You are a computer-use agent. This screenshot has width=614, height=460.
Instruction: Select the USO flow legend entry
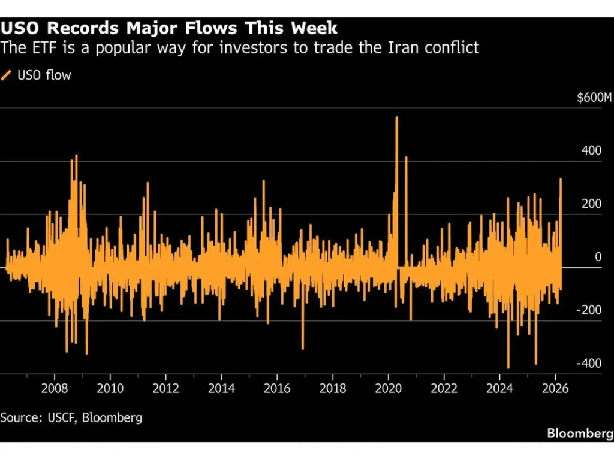37,75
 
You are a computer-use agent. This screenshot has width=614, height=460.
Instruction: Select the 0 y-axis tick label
598,257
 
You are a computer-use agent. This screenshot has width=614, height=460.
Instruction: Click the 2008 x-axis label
55,388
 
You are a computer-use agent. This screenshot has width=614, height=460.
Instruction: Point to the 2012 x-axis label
165,388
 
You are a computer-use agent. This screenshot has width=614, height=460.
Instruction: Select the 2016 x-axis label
276,388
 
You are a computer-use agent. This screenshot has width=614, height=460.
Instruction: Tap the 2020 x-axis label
388,388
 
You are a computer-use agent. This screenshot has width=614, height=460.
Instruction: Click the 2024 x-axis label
499,388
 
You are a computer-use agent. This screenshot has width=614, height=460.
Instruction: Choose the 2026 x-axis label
555,388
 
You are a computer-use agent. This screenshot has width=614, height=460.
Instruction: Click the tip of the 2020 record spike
396,117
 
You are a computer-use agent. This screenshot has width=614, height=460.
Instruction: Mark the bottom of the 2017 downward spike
303,349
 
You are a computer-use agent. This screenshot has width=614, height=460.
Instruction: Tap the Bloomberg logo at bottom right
580,433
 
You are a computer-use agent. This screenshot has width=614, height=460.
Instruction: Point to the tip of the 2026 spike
561,179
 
